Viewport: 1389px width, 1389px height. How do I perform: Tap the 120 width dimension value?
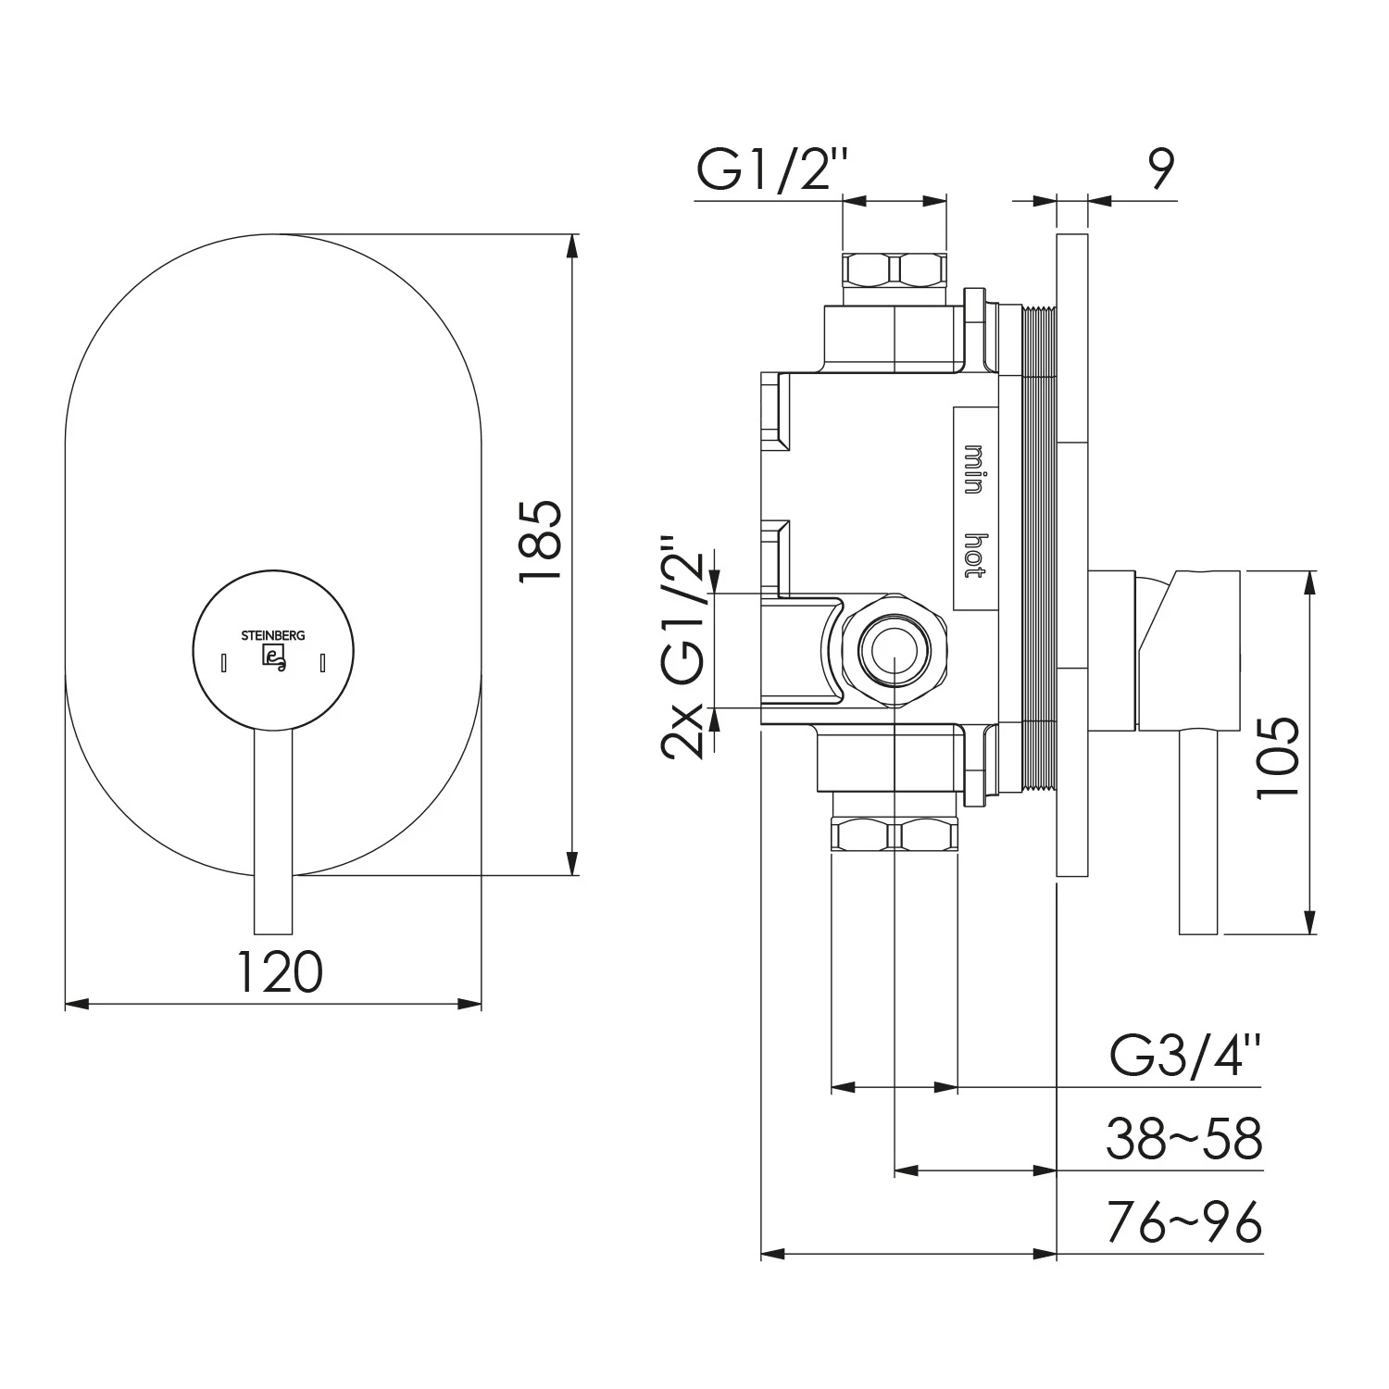pos(281,971)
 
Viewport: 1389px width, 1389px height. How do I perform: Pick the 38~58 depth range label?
pos(1183,1140)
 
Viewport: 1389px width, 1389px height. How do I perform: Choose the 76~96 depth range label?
pos(1183,1224)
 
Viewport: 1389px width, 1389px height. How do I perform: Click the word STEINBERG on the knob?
pos(273,636)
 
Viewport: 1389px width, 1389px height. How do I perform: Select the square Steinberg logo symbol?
pos(274,657)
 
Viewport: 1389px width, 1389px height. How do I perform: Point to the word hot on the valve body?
pos(973,556)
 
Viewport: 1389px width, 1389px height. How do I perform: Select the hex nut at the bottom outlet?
pos(895,836)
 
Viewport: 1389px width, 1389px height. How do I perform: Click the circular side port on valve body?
pos(893,651)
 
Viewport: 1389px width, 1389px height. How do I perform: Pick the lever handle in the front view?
pos(272,833)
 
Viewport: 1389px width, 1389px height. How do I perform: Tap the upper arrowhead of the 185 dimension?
pos(573,245)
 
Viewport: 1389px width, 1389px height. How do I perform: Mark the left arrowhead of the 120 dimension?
pos(77,1004)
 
